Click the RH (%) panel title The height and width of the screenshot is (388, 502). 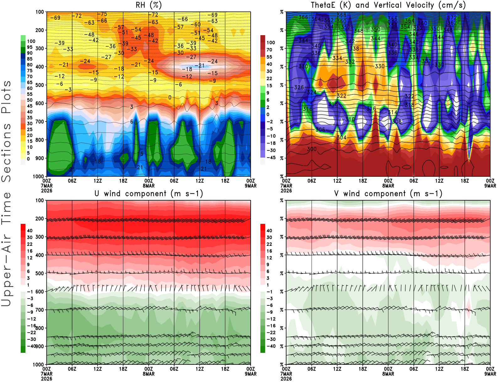pos(148,5)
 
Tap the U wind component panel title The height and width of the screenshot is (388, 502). pos(149,193)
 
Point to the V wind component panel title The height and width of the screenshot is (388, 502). pos(388,193)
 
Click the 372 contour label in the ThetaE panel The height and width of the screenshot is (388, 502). pos(452,18)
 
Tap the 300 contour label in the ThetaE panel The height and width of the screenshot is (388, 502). pos(312,149)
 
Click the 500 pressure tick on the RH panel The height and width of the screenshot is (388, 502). pos(40,85)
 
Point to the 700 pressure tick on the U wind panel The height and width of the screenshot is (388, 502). pos(40,310)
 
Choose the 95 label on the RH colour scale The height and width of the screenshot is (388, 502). pos(29,47)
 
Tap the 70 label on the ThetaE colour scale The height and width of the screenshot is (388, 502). pos(269,50)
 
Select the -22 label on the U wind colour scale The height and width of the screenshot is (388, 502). pos(31,332)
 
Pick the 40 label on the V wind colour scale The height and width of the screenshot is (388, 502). pos(269,230)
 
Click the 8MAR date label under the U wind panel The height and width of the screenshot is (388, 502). pos(148,374)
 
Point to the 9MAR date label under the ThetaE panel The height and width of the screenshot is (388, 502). pos(490,186)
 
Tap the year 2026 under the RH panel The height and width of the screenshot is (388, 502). pos(47,191)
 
